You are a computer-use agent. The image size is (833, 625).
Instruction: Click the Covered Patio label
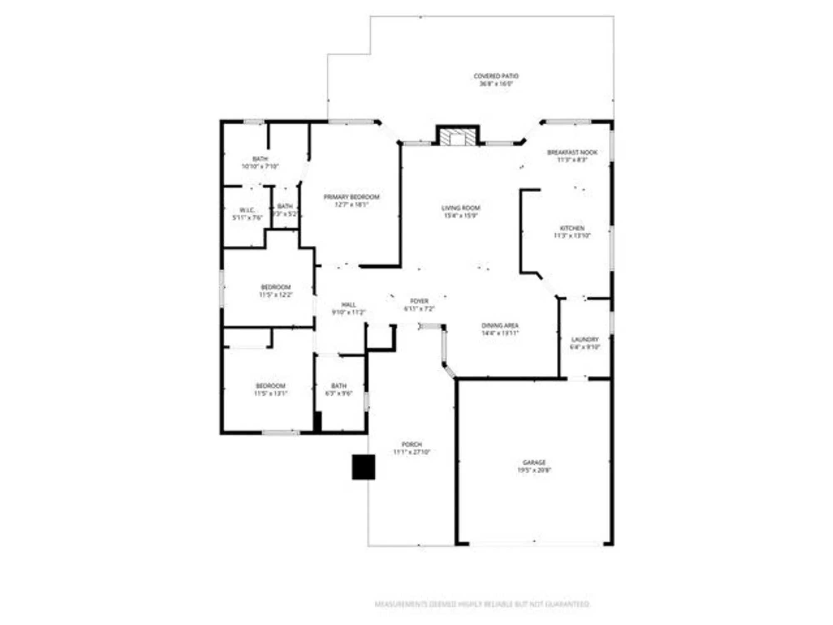click(x=496, y=76)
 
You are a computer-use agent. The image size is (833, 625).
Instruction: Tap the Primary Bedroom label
click(x=352, y=197)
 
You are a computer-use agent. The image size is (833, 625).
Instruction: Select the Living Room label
click(x=461, y=208)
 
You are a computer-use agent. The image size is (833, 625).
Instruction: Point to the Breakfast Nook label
click(x=572, y=152)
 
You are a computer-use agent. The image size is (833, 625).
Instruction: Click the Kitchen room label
click(x=572, y=228)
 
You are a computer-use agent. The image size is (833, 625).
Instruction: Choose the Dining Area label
click(x=500, y=326)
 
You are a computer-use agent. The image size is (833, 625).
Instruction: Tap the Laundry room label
click(x=585, y=340)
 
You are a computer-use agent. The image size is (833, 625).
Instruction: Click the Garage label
click(x=534, y=462)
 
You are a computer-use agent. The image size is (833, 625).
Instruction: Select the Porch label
click(x=412, y=445)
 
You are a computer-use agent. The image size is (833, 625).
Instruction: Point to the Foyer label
click(x=419, y=301)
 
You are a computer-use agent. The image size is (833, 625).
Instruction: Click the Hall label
click(x=348, y=305)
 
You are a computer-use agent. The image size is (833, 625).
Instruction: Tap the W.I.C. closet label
click(x=247, y=210)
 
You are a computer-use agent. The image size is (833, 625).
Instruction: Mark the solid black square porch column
click(x=364, y=467)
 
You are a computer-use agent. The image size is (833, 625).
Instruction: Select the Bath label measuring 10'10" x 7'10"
click(x=260, y=159)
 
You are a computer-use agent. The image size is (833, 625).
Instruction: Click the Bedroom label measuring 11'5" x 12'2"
click(x=276, y=287)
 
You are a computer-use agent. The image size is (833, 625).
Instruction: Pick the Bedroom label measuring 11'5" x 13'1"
click(x=271, y=386)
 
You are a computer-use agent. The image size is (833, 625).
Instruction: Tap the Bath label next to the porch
click(x=339, y=386)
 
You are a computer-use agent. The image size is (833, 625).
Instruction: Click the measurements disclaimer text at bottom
click(x=482, y=604)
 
